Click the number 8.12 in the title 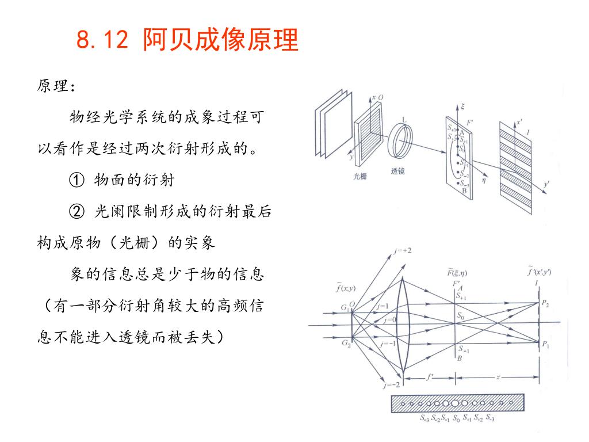point(101,41)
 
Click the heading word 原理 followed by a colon point(56,86)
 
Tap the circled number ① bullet point(76,180)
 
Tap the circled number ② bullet point(76,212)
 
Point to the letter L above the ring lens point(404,120)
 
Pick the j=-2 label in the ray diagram point(393,384)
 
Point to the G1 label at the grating point(346,308)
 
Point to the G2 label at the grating point(346,344)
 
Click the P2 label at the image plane point(545,303)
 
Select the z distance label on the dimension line point(498,377)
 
